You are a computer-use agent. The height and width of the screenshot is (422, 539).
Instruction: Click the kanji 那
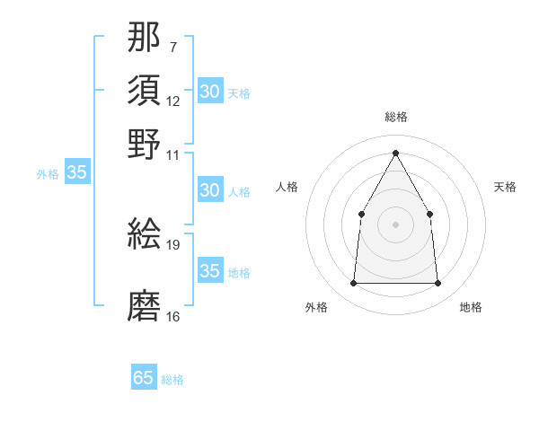click(145, 38)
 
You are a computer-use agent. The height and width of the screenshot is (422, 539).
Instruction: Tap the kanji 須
click(145, 92)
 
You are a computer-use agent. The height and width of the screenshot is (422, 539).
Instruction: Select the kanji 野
click(145, 144)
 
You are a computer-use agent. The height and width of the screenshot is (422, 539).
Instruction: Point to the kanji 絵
click(145, 233)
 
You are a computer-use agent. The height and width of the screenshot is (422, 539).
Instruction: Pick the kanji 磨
click(145, 305)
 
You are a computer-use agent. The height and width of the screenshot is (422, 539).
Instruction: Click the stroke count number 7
click(172, 46)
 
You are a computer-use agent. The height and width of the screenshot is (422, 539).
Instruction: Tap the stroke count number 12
click(173, 101)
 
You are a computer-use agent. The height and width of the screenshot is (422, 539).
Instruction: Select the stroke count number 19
click(173, 243)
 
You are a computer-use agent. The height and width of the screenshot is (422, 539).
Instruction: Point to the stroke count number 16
click(173, 316)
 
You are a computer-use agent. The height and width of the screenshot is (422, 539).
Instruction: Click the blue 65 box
click(144, 378)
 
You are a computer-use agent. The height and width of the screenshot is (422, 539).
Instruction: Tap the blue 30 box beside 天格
click(209, 92)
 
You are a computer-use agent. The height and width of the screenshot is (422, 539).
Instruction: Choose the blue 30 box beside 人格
click(209, 190)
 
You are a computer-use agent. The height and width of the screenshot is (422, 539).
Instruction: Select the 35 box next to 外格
click(76, 173)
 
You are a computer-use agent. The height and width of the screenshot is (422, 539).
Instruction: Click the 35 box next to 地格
click(209, 271)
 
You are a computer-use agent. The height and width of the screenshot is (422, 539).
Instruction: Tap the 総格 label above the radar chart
click(396, 117)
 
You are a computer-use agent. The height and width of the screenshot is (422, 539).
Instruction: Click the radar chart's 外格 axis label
click(316, 307)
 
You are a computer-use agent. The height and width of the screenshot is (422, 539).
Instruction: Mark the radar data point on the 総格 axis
click(395, 153)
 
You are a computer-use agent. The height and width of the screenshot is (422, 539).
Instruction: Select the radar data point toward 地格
click(437, 284)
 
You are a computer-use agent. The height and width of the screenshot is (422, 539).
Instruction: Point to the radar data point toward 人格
click(361, 214)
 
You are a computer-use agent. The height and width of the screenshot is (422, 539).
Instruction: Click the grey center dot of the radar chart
click(395, 224)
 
